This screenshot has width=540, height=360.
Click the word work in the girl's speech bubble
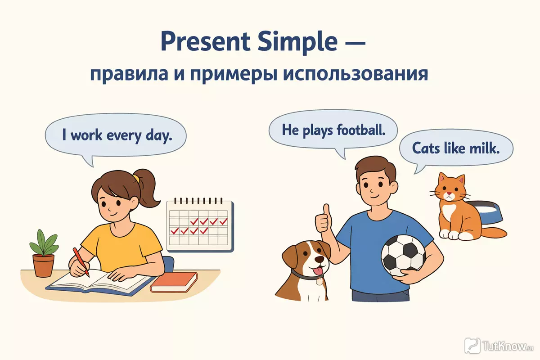coord(86,135)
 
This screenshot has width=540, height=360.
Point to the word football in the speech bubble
coord(361,130)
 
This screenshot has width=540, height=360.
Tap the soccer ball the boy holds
coord(403,256)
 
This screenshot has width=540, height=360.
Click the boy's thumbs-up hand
coord(324,220)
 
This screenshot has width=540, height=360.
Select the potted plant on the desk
coord(44,253)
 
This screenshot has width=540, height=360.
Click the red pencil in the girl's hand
coord(81,262)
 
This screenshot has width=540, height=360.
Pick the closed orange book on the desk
coord(174,282)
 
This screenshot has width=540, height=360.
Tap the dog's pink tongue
coord(319,272)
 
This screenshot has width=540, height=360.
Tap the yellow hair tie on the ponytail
coord(136,179)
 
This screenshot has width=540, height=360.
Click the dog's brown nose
coord(320,259)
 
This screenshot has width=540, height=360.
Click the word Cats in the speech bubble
coord(426,148)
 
